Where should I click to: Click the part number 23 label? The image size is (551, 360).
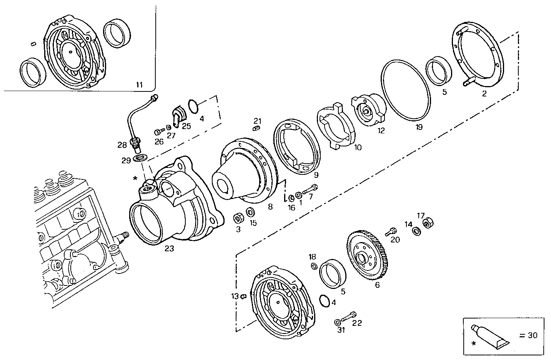pos(169,249)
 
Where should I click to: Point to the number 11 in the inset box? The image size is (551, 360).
pos(139,85)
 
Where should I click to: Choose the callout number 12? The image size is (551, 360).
pos(381,130)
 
